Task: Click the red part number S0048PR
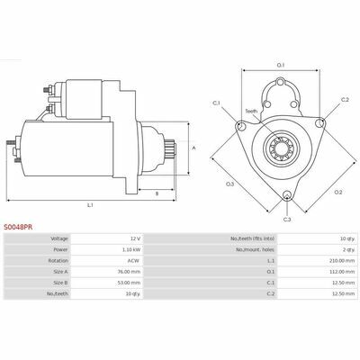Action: pos(18,228)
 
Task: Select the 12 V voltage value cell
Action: pos(136,238)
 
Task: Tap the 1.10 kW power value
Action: pos(132,249)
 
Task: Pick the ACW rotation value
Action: pos(133,261)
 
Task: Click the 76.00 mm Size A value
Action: pos(131,272)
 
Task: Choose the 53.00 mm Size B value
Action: pos(131,283)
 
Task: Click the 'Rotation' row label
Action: pos(58,261)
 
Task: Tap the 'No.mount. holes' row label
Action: pos(255,249)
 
